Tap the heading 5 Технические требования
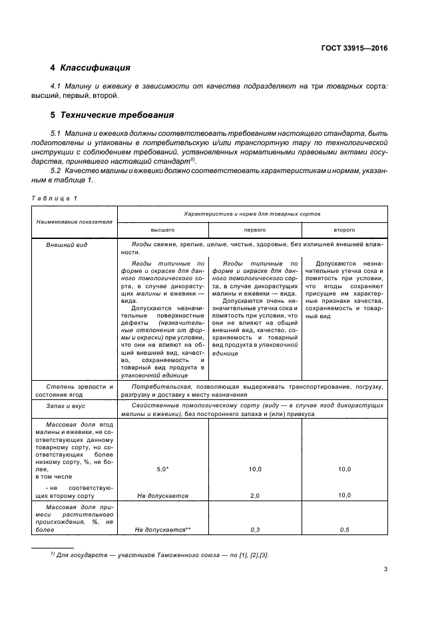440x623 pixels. point(112,114)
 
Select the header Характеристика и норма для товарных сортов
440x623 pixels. point(252,214)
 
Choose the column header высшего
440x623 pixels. point(162,229)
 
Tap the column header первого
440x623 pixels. point(254,229)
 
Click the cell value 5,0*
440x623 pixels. point(162,469)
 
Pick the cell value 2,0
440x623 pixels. point(254,496)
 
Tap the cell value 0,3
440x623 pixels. point(254,529)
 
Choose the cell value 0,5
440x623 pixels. point(344,529)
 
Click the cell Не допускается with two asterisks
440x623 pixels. point(162,529)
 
